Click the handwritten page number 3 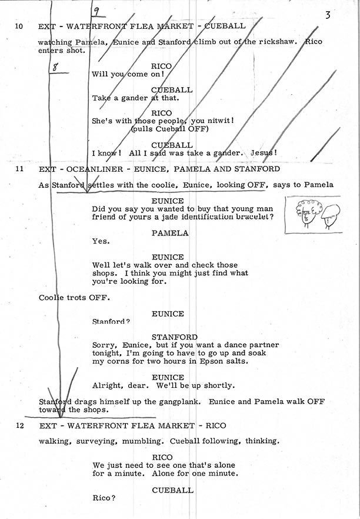328,15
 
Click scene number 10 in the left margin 19,26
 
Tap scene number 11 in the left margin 19,169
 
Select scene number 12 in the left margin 19,425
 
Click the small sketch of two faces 314,213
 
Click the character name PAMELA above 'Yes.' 169,233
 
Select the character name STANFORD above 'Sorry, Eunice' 174,337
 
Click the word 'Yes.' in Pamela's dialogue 101,241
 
